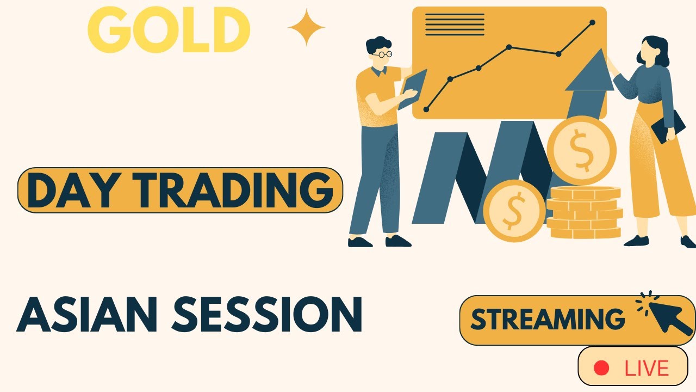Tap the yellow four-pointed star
pos(306,27)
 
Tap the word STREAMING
pos(547,320)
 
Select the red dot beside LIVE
pos(601,368)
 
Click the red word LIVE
pos(647,369)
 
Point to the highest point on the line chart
pos(592,22)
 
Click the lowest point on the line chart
pos(426,109)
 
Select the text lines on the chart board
pos(455,24)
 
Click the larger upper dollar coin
pos(581,150)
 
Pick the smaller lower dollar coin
pos(514,211)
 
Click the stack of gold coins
pos(584,212)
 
